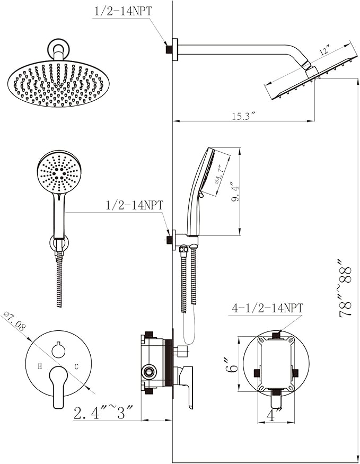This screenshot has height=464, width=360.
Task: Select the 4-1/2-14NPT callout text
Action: pyautogui.click(x=267, y=308)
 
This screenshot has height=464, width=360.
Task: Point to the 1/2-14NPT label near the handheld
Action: pyautogui.click(x=135, y=205)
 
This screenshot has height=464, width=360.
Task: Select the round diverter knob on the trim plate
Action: pyautogui.click(x=58, y=349)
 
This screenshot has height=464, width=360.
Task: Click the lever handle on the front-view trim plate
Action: pyautogui.click(x=58, y=387)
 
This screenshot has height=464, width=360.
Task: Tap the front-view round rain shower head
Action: pyautogui.click(x=57, y=83)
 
